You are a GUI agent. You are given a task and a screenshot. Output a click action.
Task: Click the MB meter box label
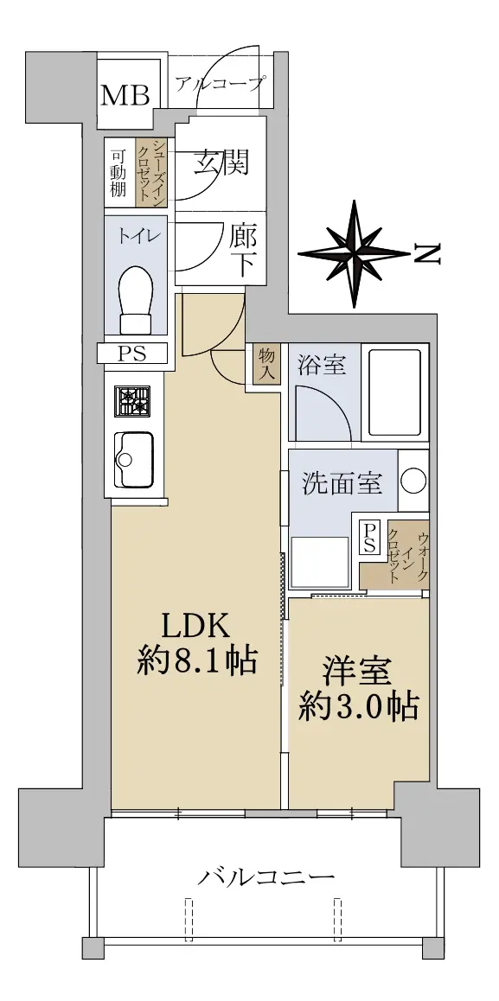point(126,96)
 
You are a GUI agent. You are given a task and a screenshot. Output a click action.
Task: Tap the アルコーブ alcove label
point(219,83)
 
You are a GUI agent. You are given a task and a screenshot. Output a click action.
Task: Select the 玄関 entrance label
point(221,163)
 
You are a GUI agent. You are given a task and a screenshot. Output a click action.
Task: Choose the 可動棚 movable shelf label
point(118,173)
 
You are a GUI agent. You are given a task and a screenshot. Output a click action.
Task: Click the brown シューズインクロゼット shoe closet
point(151,172)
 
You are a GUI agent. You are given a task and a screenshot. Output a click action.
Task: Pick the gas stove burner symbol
point(132,402)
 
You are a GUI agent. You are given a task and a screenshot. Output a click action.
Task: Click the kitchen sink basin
point(133,459)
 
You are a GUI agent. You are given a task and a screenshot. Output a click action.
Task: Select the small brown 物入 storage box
point(266,364)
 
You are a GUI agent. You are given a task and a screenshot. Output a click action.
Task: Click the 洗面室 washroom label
point(342,483)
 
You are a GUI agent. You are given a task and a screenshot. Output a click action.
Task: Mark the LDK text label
point(195,628)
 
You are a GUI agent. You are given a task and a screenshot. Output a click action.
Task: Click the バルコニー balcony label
point(265,877)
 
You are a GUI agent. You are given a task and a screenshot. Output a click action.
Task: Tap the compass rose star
point(354,253)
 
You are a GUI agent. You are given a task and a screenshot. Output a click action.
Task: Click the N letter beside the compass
point(427,254)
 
